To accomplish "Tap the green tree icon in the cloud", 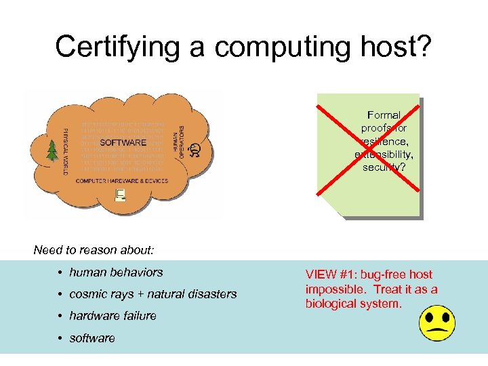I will [51, 150].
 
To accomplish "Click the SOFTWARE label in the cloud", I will [123, 142].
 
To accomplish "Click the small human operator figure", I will [195, 149].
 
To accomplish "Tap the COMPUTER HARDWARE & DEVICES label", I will [123, 181].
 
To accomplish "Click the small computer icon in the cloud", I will [121, 195].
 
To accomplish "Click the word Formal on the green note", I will [384, 115].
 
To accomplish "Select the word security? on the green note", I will [384, 167].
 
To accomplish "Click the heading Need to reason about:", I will [94, 250].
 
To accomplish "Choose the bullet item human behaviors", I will [116, 272].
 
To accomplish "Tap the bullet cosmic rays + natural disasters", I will [153, 294].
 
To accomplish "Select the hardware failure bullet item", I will [113, 316].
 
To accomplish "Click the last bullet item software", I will [92, 338].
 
